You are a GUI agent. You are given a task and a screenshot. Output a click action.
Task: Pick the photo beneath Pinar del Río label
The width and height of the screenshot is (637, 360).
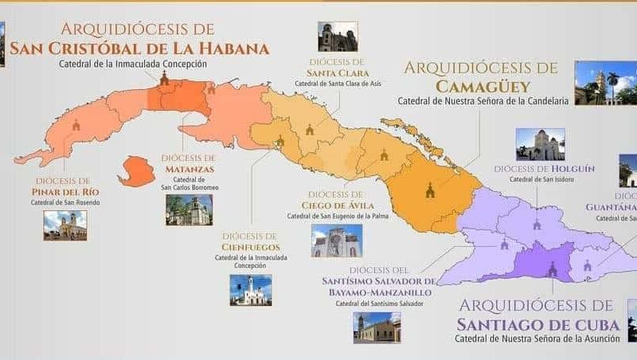click(x=65, y=225)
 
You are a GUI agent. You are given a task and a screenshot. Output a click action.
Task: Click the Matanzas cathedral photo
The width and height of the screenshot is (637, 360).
click(x=190, y=210)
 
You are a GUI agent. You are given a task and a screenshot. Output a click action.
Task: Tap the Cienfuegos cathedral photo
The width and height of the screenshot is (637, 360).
click(x=251, y=291)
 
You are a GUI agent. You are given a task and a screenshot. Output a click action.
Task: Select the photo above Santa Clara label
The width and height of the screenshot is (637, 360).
click(x=338, y=37)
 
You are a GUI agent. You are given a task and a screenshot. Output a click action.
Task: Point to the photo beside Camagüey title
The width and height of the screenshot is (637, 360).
click(x=605, y=83)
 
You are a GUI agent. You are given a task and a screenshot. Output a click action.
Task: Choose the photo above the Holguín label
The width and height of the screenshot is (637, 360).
click(x=540, y=144)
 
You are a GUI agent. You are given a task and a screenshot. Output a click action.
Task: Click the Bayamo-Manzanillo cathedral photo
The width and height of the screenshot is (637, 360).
click(x=377, y=327)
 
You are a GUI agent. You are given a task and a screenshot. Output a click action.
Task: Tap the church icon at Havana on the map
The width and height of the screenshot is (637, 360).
click(x=164, y=79)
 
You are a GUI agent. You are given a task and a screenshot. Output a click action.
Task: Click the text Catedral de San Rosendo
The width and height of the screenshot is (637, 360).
click(x=65, y=202)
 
